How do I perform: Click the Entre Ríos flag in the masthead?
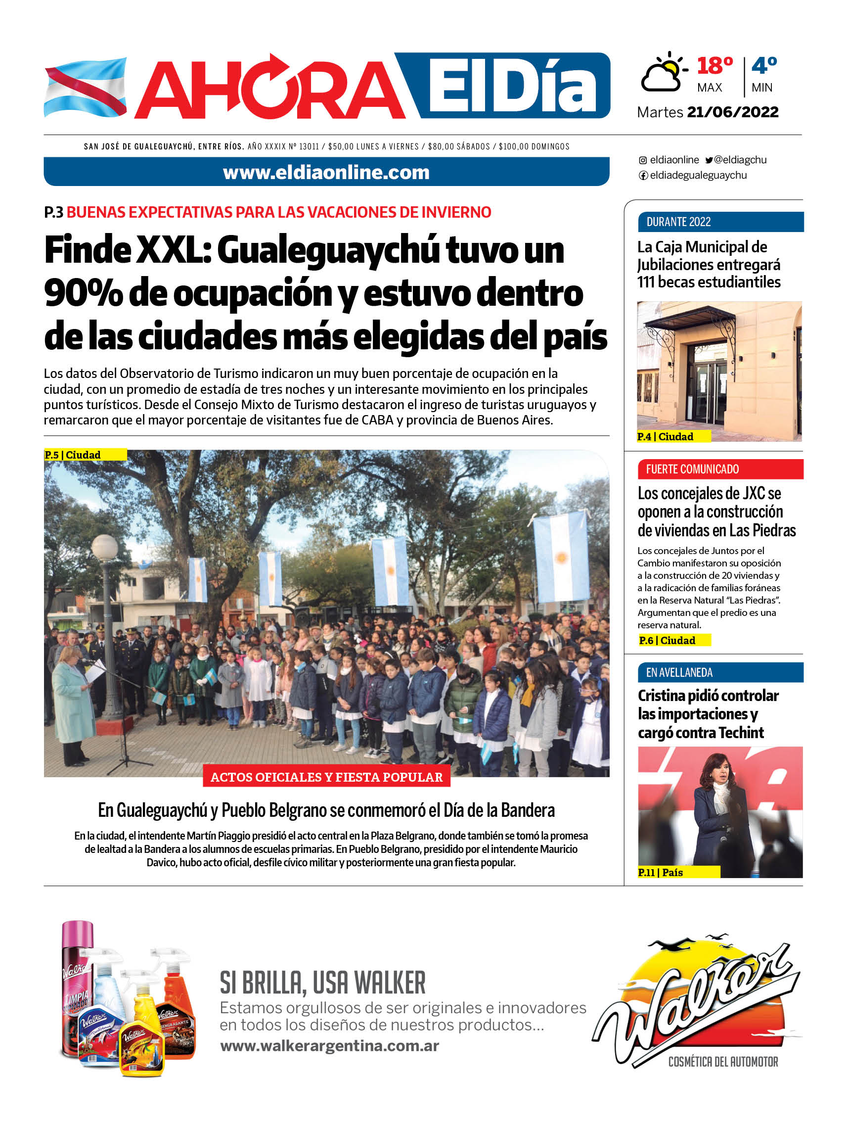click(x=85, y=88)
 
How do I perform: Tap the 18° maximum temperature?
click(x=714, y=66)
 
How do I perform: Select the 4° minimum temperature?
click(x=763, y=66)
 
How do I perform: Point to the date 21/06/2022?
click(x=732, y=112)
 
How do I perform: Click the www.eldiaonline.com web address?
click(x=326, y=173)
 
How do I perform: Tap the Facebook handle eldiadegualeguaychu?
click(x=698, y=176)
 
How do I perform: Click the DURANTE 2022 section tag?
click(x=678, y=222)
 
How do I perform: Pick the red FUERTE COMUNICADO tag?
click(x=692, y=469)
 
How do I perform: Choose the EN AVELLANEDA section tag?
click(x=679, y=672)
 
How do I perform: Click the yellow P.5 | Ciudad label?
click(x=73, y=455)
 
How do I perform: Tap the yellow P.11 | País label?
click(x=661, y=872)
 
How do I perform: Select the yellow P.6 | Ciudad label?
click(x=667, y=640)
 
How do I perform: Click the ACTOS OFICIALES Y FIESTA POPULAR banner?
click(x=326, y=777)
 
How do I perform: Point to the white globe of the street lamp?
click(x=105, y=547)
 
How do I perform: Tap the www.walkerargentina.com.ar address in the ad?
click(x=329, y=1046)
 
